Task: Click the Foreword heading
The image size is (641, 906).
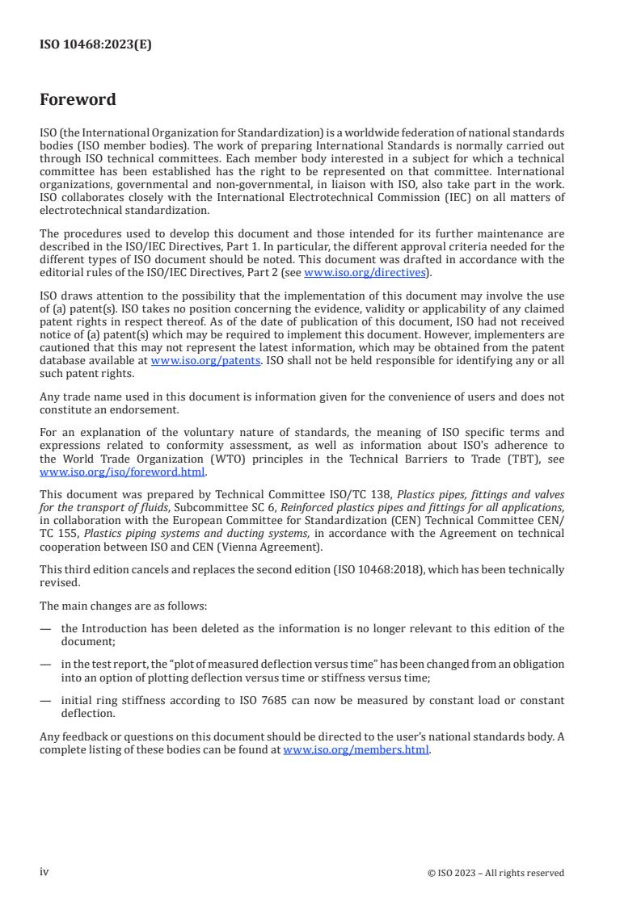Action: coord(78,100)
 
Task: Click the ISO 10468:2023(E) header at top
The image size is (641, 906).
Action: coord(95,45)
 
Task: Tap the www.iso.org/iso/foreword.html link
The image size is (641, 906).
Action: coord(123,472)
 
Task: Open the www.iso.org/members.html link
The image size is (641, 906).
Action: coord(356,750)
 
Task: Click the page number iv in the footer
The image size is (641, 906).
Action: coord(44,872)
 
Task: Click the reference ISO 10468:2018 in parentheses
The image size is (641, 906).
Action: coord(383,569)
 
